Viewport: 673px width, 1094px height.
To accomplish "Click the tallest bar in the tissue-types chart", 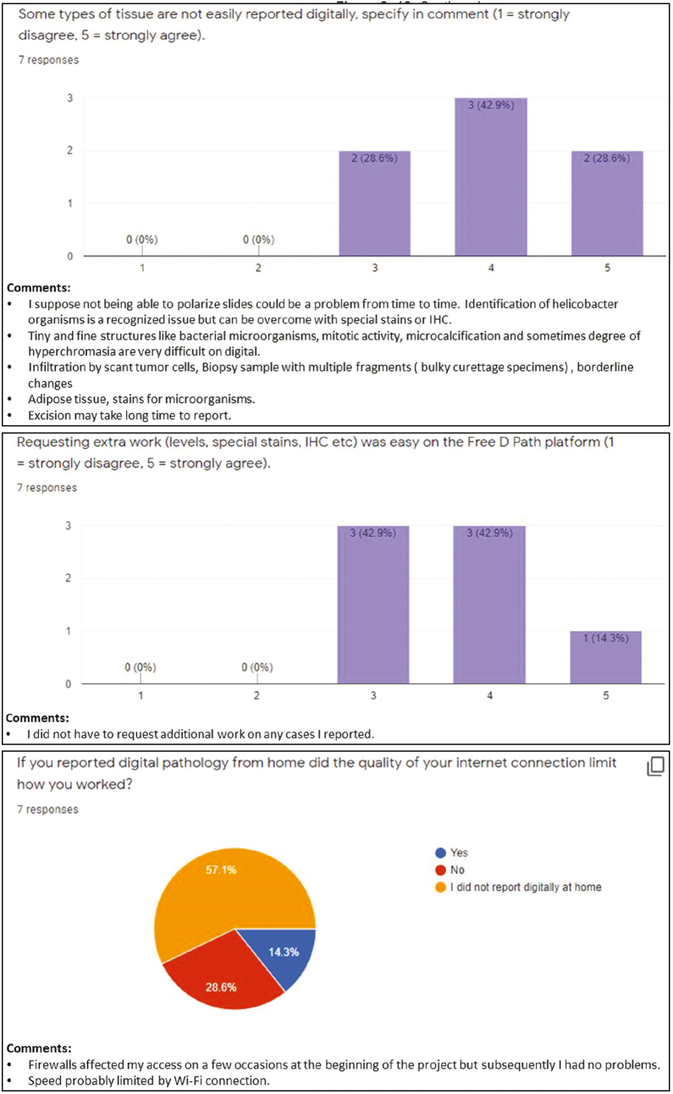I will (491, 178).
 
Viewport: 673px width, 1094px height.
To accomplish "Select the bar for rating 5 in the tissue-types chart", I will (607, 203).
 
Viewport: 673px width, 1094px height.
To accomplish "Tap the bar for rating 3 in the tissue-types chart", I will (374, 203).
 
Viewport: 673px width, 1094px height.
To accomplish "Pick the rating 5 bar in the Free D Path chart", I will (605, 657).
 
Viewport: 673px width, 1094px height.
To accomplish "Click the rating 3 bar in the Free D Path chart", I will (372, 605).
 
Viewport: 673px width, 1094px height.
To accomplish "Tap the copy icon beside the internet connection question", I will (654, 767).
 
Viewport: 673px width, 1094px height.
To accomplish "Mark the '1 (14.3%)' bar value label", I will (605, 638).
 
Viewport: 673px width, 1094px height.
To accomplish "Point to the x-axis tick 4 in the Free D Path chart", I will (489, 696).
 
